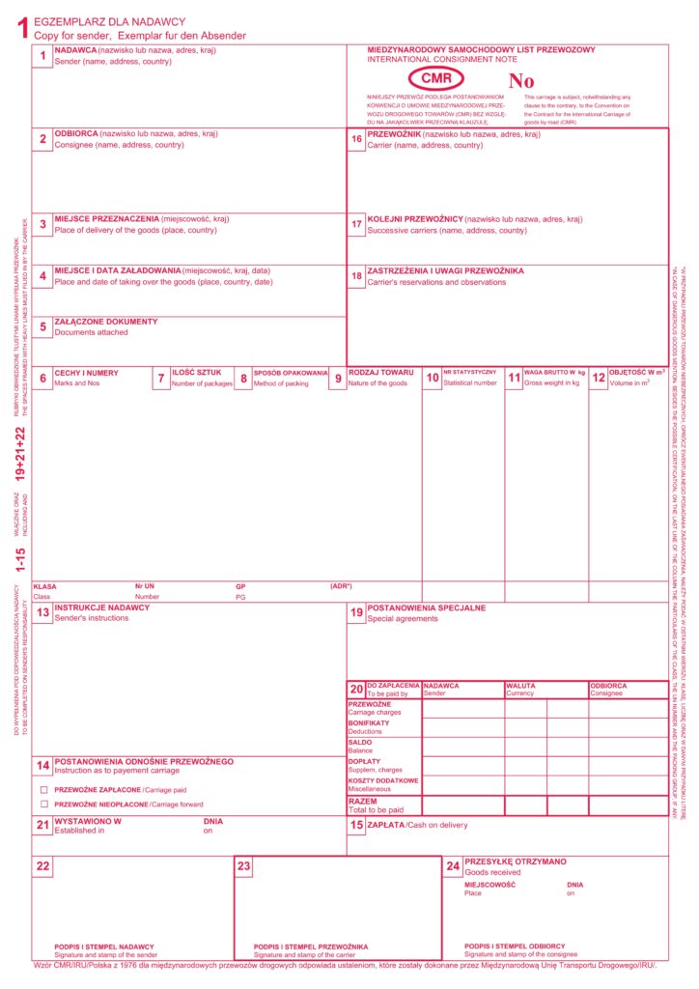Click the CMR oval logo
(435, 78)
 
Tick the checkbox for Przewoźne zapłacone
(44, 789)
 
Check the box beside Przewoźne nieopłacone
(44, 804)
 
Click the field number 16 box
(356, 140)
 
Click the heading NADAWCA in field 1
(76, 50)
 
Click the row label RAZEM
(363, 801)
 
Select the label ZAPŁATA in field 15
(387, 825)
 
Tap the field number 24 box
(452, 866)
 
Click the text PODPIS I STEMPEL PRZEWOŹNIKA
(311, 947)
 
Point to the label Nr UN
(145, 586)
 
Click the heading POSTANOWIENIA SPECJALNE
(427, 608)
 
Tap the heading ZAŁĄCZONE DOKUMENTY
(105, 322)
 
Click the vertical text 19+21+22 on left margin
(20, 453)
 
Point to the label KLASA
(44, 586)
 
